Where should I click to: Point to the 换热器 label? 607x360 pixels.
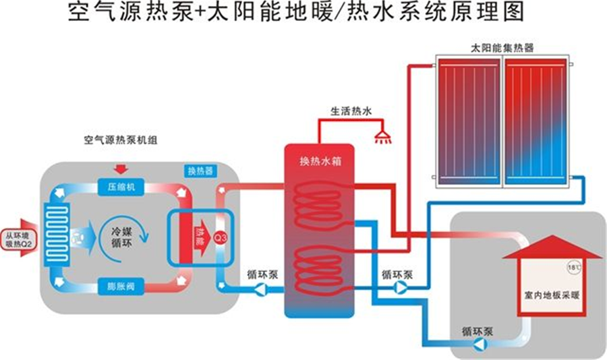199,171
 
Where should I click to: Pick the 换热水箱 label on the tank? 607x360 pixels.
316,162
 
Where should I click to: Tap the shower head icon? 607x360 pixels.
384,138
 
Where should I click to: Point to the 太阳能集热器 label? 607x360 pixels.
502,49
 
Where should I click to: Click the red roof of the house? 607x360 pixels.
552,247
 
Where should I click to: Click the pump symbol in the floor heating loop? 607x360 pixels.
481,344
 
